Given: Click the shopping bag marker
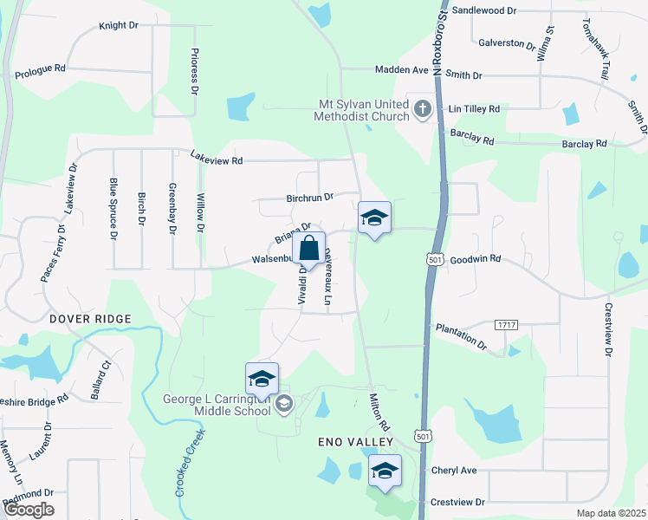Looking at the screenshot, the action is (309, 250).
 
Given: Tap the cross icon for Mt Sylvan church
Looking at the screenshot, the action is (422, 109).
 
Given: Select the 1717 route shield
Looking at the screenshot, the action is (507, 324).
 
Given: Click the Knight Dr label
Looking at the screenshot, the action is (119, 26).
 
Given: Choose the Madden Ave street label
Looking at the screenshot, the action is (402, 69).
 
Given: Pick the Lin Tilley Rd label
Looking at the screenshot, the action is (474, 109).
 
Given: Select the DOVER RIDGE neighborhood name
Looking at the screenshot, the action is (90, 319).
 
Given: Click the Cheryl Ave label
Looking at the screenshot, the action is (454, 471).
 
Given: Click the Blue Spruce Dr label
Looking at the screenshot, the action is (113, 207).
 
